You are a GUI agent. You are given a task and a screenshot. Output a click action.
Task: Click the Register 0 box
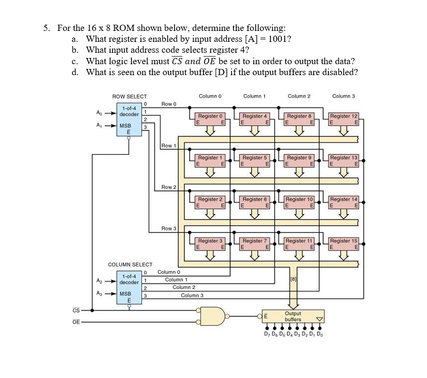[210, 119]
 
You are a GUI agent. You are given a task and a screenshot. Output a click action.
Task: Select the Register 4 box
[255, 119]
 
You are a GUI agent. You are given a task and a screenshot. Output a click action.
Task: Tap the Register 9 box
[299, 160]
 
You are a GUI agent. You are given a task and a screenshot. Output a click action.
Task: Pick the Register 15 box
[344, 244]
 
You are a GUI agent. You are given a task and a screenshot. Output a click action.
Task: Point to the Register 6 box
[255, 202]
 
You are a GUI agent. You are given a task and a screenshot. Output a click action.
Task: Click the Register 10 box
[299, 202]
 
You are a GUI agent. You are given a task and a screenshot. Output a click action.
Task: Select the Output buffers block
[293, 316]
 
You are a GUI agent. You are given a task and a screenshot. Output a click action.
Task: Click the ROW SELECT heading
[129, 97]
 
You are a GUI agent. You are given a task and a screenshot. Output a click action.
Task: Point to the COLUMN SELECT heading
[130, 264]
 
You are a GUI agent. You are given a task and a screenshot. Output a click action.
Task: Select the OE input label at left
[76, 322]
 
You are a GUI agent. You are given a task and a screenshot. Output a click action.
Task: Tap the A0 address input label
[98, 113]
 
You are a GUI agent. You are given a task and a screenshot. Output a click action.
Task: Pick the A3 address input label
[98, 294]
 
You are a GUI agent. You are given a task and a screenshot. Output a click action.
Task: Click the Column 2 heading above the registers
[299, 97]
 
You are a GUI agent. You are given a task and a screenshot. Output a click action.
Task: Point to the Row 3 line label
[168, 229]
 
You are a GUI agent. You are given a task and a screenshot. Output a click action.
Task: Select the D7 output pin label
[267, 334]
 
